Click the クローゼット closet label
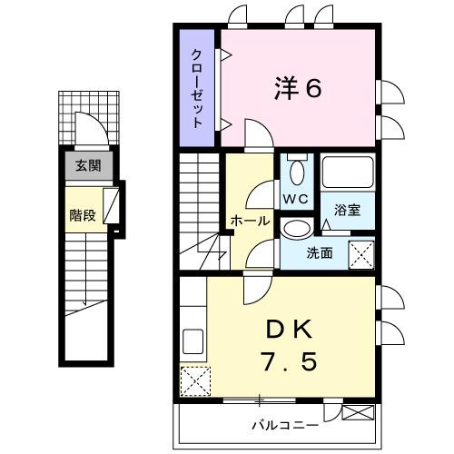tap(197, 88)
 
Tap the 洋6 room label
tap(298, 88)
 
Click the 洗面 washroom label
tap(318, 253)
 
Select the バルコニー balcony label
tap(285, 424)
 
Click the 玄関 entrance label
tap(87, 165)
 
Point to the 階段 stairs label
tap(83, 215)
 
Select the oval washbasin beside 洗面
tap(295, 228)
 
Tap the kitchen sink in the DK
tap(193, 341)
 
